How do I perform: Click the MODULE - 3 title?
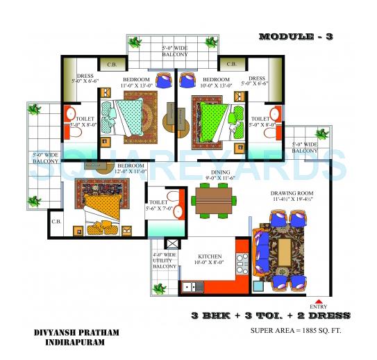(x=295, y=36)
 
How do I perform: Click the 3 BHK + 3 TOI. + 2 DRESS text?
(x=271, y=316)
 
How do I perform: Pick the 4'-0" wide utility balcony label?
(x=165, y=260)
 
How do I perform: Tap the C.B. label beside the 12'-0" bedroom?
(x=57, y=222)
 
